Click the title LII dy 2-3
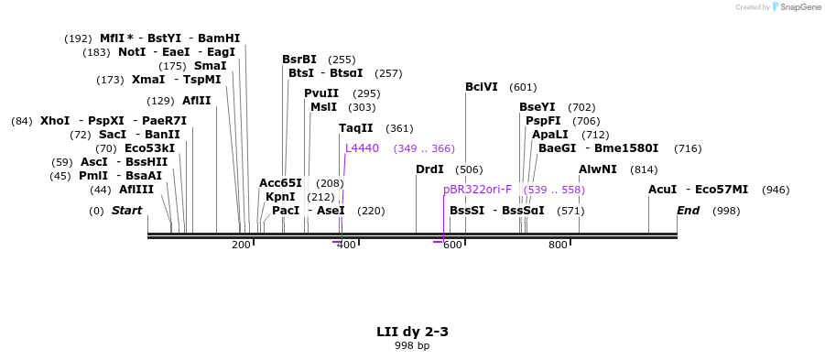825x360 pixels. tap(412, 332)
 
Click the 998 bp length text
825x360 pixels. tap(412, 345)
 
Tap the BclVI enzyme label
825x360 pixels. tap(482, 87)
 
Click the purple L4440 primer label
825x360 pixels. tap(362, 148)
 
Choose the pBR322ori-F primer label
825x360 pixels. tap(478, 190)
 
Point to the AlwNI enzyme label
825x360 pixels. tap(598, 169)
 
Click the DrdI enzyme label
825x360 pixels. tap(429, 169)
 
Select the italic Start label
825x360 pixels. tap(127, 211)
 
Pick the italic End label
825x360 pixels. tap(689, 211)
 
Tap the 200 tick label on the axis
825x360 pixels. tap(241, 245)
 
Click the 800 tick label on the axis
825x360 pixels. tap(558, 245)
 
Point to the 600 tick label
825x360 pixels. tap(452, 245)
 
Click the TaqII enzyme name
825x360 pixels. tap(356, 128)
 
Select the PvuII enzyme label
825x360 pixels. tap(321, 93)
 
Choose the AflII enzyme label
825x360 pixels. tap(197, 101)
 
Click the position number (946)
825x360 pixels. tap(776, 190)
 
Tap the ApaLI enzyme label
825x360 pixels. tap(550, 135)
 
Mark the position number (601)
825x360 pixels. tap(523, 87)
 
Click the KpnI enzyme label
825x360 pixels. tap(280, 197)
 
